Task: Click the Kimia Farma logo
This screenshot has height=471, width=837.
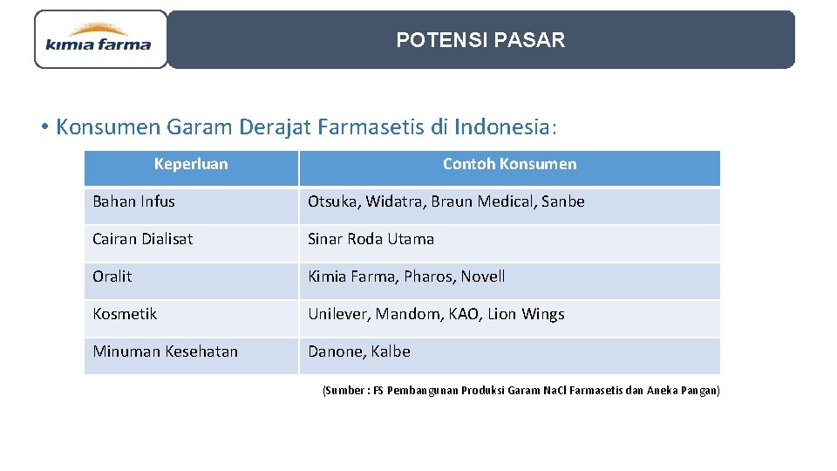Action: pos(99,39)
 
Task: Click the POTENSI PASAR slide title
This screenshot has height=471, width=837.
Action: pos(480,40)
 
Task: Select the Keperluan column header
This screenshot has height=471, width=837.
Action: pos(191,164)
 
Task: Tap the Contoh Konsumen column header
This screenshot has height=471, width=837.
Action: pos(509,164)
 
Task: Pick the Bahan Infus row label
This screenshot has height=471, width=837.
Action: pos(133,201)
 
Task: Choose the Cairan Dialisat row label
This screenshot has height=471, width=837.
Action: pos(142,239)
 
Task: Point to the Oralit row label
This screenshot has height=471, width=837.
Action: pos(112,276)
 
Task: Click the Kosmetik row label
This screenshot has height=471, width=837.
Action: pos(125,314)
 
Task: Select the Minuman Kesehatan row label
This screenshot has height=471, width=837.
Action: pos(165,352)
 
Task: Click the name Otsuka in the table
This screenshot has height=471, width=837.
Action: pos(332,201)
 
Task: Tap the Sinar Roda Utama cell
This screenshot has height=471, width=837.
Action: pos(371,239)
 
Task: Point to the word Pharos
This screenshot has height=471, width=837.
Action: pos(427,276)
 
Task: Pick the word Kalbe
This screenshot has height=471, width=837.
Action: pos(391,352)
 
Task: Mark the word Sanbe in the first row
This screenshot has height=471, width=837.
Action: pos(563,201)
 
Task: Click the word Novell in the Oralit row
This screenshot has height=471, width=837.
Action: pos(483,276)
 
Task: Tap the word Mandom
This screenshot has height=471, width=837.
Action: pos(408,314)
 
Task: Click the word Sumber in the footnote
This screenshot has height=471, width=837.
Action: pos(344,391)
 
